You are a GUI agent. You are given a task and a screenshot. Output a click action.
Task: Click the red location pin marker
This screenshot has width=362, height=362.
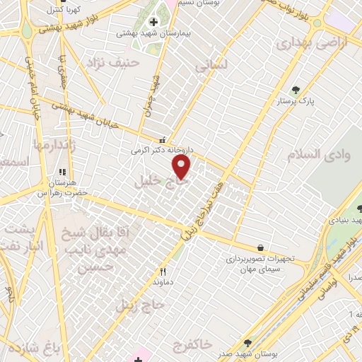[182, 167]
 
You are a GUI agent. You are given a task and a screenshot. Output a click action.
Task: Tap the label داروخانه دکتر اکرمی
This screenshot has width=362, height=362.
[161, 150]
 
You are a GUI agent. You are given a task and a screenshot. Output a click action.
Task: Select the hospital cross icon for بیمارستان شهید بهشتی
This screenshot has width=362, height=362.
[153, 23]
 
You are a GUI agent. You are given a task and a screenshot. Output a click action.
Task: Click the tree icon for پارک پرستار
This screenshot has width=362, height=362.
[296, 90]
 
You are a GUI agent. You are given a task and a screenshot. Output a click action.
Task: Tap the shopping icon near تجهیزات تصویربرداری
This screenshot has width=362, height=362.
[262, 247]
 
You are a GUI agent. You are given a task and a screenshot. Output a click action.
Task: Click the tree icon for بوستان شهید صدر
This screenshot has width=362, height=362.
[247, 343]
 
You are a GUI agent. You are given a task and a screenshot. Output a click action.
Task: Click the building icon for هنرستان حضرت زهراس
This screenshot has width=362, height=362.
[62, 172]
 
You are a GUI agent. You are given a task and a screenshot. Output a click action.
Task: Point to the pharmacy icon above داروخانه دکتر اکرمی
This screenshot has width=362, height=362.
[163, 139]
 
